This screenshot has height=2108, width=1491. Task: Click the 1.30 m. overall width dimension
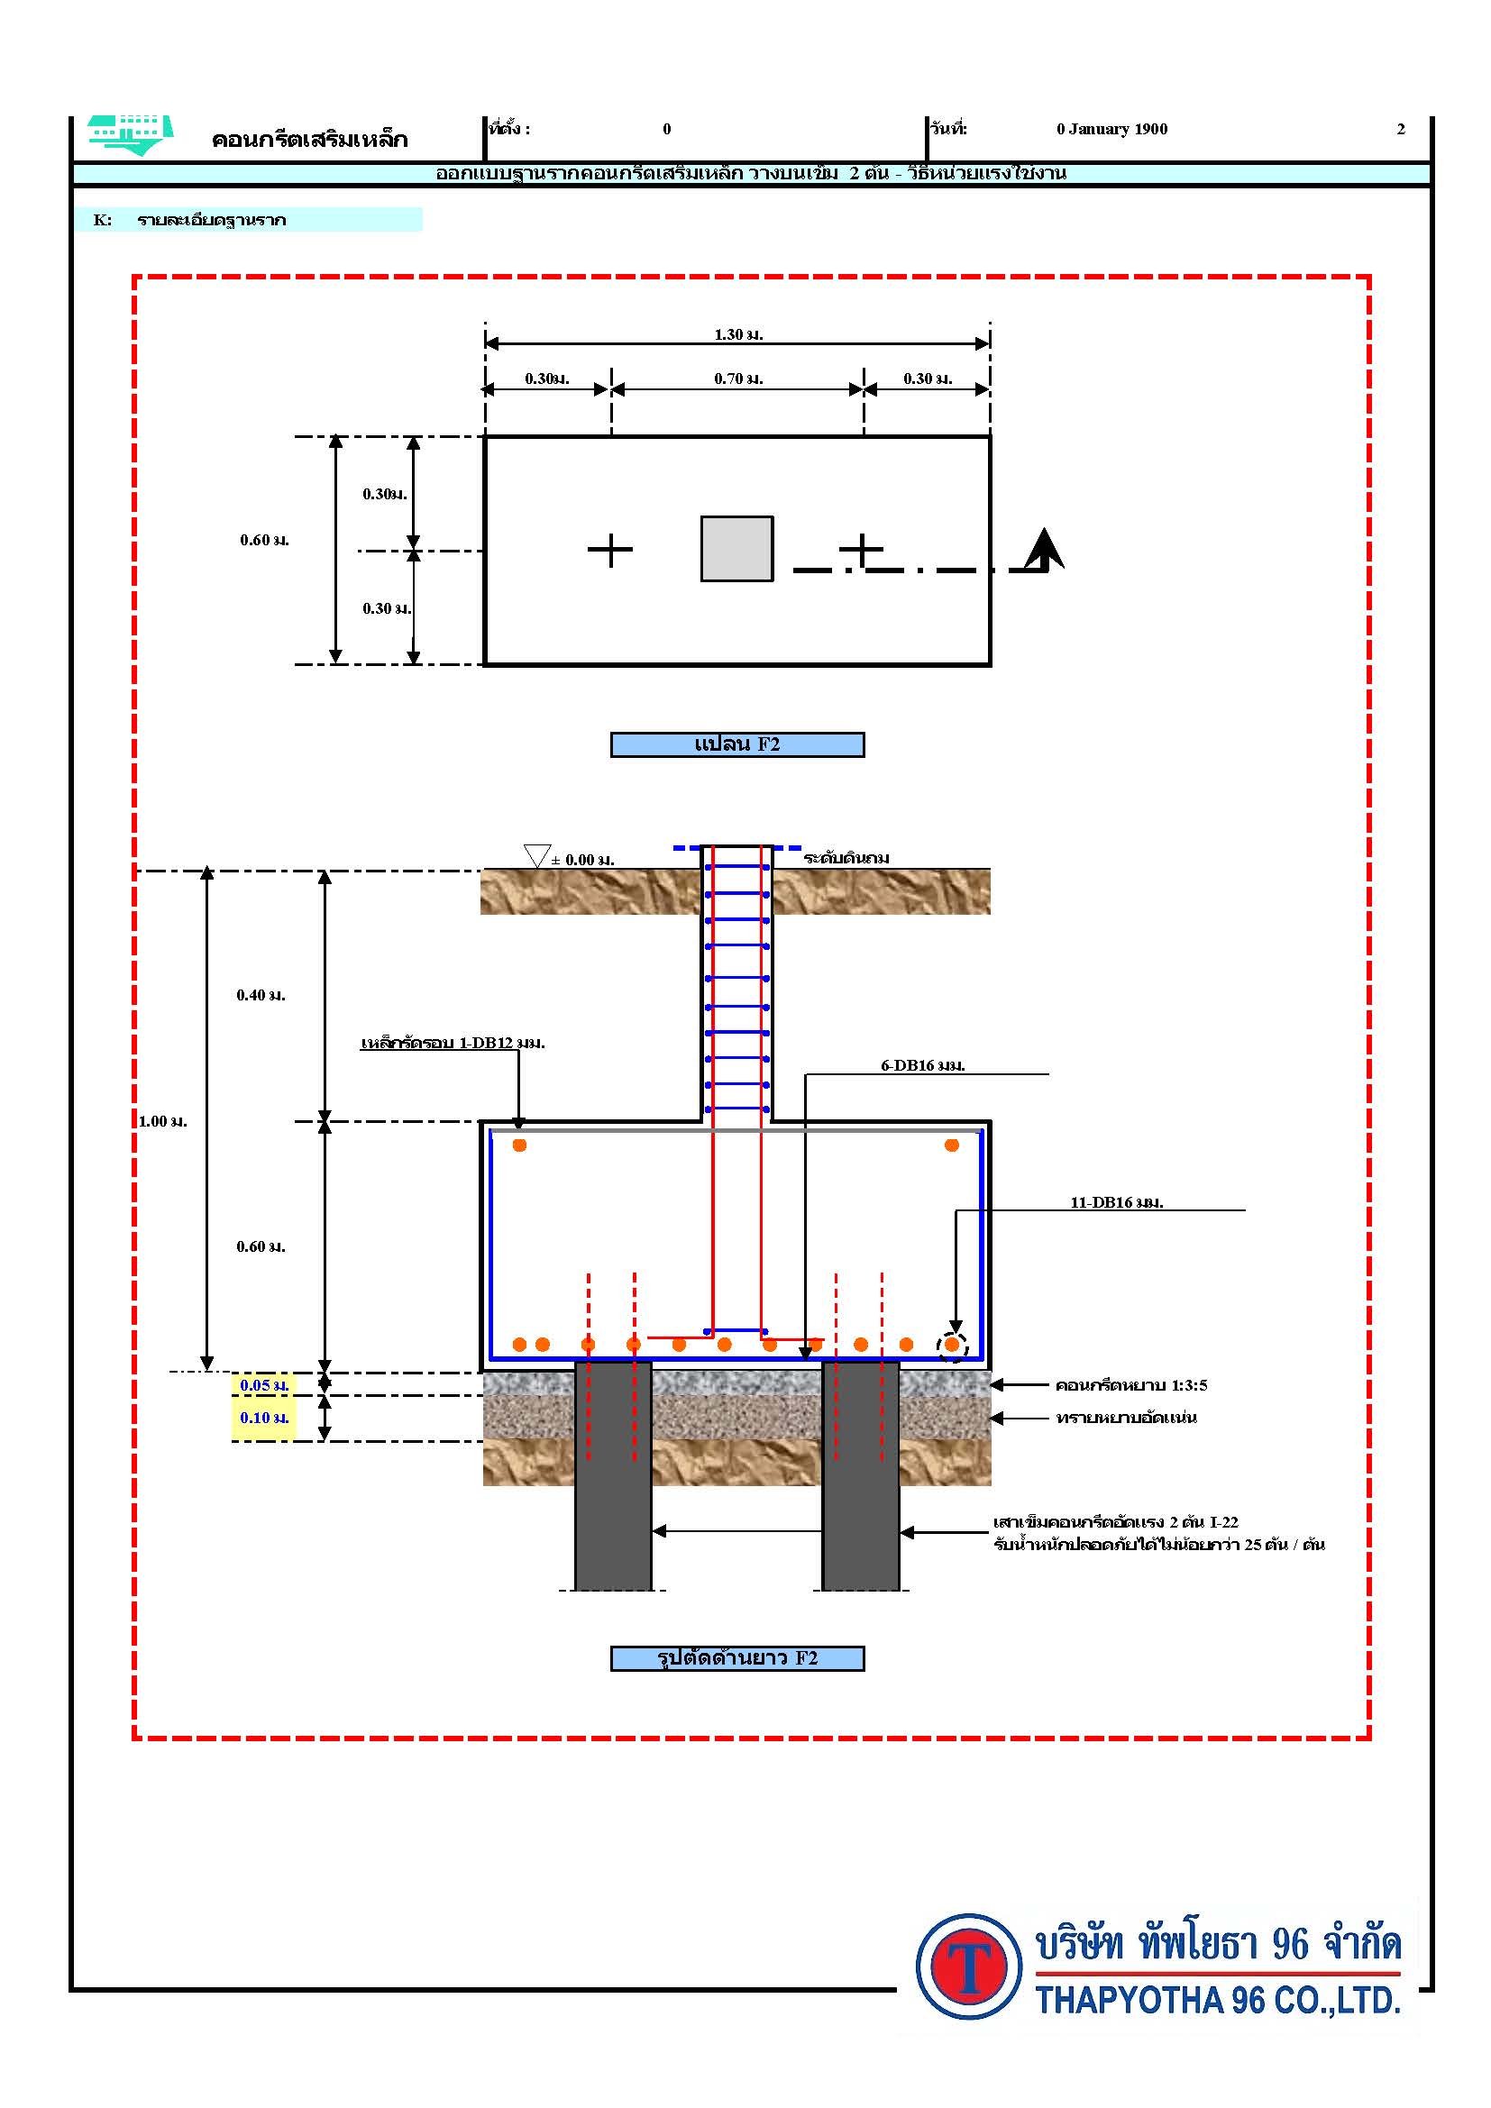[738, 334]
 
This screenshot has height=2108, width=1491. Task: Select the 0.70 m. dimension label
[738, 379]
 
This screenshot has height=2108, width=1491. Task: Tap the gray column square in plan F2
[736, 548]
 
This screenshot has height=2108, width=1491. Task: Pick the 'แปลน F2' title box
[737, 744]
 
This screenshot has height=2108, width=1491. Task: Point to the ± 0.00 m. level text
[583, 861]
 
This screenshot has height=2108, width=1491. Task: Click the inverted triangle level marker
[536, 855]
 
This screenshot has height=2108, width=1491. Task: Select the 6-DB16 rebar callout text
[923, 1065]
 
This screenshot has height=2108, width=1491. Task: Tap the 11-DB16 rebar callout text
[1116, 1202]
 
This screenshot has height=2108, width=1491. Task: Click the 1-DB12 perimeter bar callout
[453, 1043]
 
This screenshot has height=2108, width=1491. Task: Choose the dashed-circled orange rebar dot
[952, 1345]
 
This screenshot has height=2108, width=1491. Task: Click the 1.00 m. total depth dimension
[162, 1121]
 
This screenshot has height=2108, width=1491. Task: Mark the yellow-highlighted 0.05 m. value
[264, 1385]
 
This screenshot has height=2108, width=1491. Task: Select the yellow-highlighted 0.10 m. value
[264, 1418]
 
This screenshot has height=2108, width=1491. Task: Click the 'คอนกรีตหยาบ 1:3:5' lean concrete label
[1131, 1385]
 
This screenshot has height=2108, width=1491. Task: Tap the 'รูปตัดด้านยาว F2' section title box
[737, 1658]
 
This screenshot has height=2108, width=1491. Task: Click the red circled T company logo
[968, 1967]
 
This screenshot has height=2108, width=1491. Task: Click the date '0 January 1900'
[1111, 129]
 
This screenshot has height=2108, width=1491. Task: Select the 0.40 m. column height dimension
[261, 995]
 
